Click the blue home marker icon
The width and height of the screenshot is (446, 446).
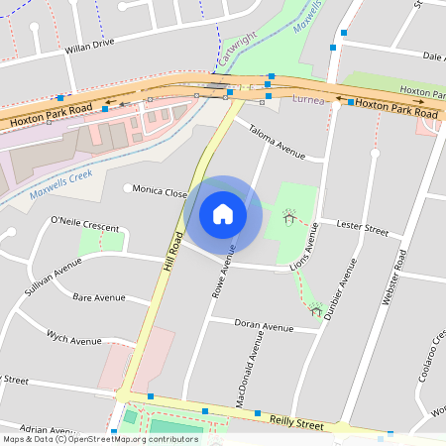tap(223, 213)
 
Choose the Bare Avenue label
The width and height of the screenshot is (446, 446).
tap(98, 297)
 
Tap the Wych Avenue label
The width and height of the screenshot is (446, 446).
tap(74, 340)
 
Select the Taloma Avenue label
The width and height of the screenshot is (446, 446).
tap(277, 140)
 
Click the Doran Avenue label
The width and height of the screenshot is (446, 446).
tap(264, 326)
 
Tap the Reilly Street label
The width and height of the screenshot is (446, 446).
tap(296, 423)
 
